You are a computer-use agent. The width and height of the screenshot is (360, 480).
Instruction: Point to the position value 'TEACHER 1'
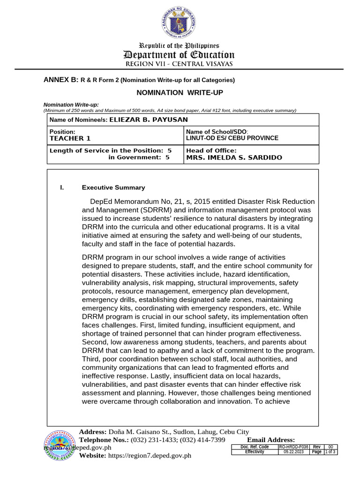pos(70,138)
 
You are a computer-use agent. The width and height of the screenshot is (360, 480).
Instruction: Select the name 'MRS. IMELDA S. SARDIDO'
pos(234,157)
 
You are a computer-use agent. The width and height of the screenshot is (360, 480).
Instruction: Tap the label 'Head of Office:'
pos(211,150)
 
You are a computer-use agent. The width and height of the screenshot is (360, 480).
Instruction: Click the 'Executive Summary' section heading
pos(113,187)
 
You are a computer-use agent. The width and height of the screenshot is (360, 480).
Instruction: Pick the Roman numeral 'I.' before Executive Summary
pos(61,187)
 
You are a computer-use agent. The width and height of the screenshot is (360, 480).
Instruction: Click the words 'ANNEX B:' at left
pos(60,80)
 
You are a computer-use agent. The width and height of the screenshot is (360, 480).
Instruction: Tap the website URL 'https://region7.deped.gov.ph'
pos(150,456)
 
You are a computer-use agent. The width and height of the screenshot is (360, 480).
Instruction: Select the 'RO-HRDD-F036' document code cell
pos(294,447)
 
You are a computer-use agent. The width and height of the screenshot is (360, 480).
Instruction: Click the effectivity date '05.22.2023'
pos(294,452)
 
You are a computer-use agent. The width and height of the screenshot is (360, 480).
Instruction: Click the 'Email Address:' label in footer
pos(271,440)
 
